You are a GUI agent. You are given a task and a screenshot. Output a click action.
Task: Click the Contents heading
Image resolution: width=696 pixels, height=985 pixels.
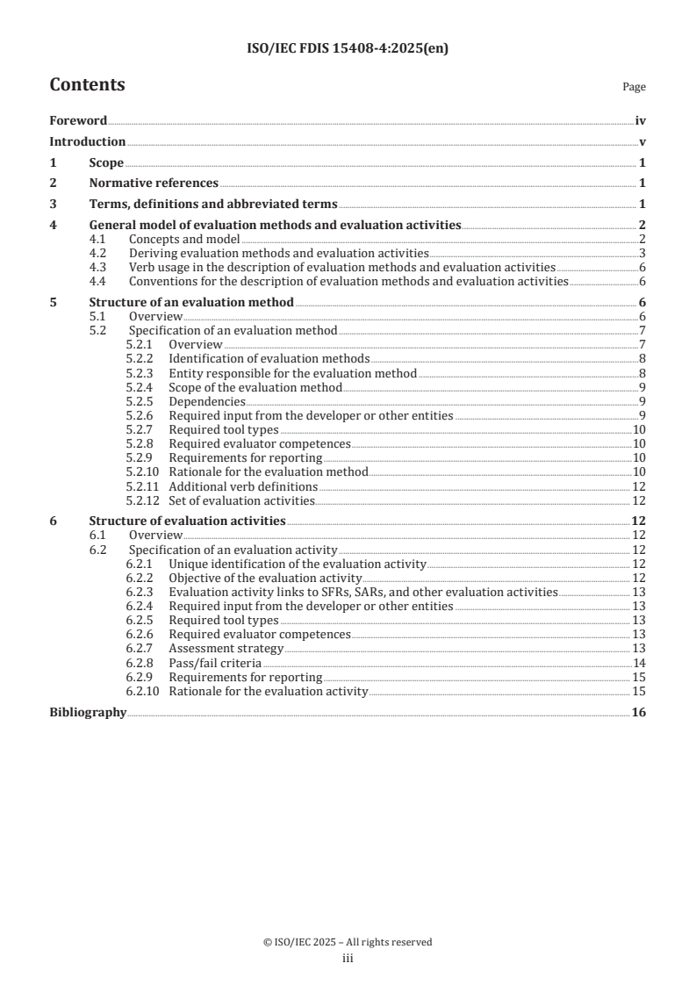point(87,85)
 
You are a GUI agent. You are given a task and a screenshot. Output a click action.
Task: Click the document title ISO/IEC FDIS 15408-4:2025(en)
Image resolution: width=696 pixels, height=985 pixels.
point(348,49)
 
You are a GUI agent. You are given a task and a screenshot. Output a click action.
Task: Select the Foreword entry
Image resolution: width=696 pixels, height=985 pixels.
point(78,121)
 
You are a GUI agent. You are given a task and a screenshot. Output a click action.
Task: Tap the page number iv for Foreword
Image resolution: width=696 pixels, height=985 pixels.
point(640,121)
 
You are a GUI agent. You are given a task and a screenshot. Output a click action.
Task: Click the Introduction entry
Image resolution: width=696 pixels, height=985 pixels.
point(87,142)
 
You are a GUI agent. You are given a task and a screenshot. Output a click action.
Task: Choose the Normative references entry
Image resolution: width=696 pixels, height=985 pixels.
point(154,183)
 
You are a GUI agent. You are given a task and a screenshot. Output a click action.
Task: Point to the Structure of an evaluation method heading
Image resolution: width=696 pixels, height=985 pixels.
point(191,303)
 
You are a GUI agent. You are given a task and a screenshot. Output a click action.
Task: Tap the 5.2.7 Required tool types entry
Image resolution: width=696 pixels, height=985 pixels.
point(224,429)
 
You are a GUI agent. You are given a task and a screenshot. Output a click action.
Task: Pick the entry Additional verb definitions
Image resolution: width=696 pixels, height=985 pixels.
point(243,486)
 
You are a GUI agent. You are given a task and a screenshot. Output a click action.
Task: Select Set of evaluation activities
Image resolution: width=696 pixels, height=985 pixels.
point(241,500)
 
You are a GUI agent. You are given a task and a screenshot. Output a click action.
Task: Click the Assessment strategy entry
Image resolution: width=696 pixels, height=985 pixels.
point(226,649)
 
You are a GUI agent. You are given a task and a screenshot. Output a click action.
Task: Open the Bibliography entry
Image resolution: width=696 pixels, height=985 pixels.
point(88,713)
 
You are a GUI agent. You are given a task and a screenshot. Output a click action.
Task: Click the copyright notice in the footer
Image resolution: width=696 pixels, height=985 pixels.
point(348,942)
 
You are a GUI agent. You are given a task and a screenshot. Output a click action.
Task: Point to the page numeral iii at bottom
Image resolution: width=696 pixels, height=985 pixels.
point(348,960)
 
